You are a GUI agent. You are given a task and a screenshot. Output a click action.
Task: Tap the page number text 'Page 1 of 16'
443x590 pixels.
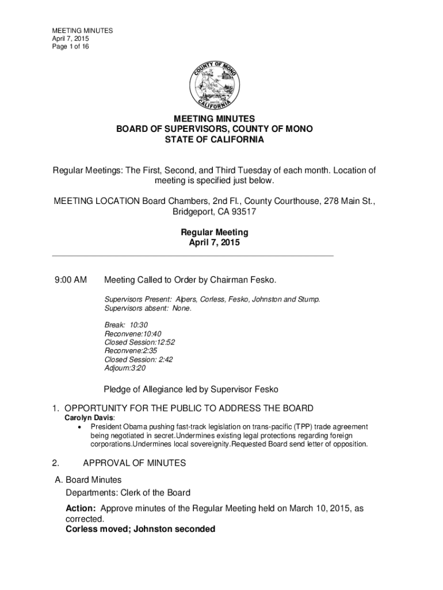click(x=71, y=47)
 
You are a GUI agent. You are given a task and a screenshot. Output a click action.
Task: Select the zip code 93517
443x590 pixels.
click(x=243, y=212)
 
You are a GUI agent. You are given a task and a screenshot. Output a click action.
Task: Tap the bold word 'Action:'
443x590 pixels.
click(x=82, y=509)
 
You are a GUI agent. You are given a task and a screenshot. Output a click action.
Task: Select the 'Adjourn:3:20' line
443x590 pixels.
click(x=125, y=368)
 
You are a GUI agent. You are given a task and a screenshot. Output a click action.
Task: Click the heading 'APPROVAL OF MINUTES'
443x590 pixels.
click(x=135, y=463)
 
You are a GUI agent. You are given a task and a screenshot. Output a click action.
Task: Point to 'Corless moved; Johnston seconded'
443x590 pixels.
click(x=140, y=529)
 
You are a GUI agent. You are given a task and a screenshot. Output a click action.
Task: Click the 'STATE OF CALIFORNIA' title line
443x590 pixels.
click(x=215, y=140)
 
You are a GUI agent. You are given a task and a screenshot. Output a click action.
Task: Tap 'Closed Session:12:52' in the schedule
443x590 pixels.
click(x=140, y=342)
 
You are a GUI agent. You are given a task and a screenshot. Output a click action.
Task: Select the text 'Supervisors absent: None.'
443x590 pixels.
click(x=147, y=308)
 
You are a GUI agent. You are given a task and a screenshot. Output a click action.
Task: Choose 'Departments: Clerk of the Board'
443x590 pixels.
click(x=128, y=493)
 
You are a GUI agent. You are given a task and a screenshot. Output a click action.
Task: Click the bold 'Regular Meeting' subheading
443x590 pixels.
click(x=215, y=233)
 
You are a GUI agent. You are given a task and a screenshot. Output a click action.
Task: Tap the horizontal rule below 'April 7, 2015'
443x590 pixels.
click(x=193, y=255)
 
